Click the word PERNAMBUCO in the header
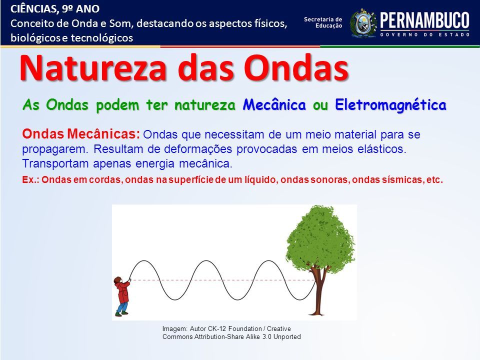[424, 20]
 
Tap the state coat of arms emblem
[363, 23]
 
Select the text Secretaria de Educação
[323, 22]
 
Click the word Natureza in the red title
[93, 68]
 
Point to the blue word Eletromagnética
[390, 104]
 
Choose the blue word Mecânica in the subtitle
[274, 104]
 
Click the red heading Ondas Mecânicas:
[81, 134]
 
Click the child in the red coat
[122, 296]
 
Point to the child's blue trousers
[122, 307]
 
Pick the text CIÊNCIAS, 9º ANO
[55, 9]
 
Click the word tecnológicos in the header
[102, 38]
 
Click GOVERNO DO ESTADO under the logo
[425, 35]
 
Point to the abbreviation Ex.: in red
[30, 179]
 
